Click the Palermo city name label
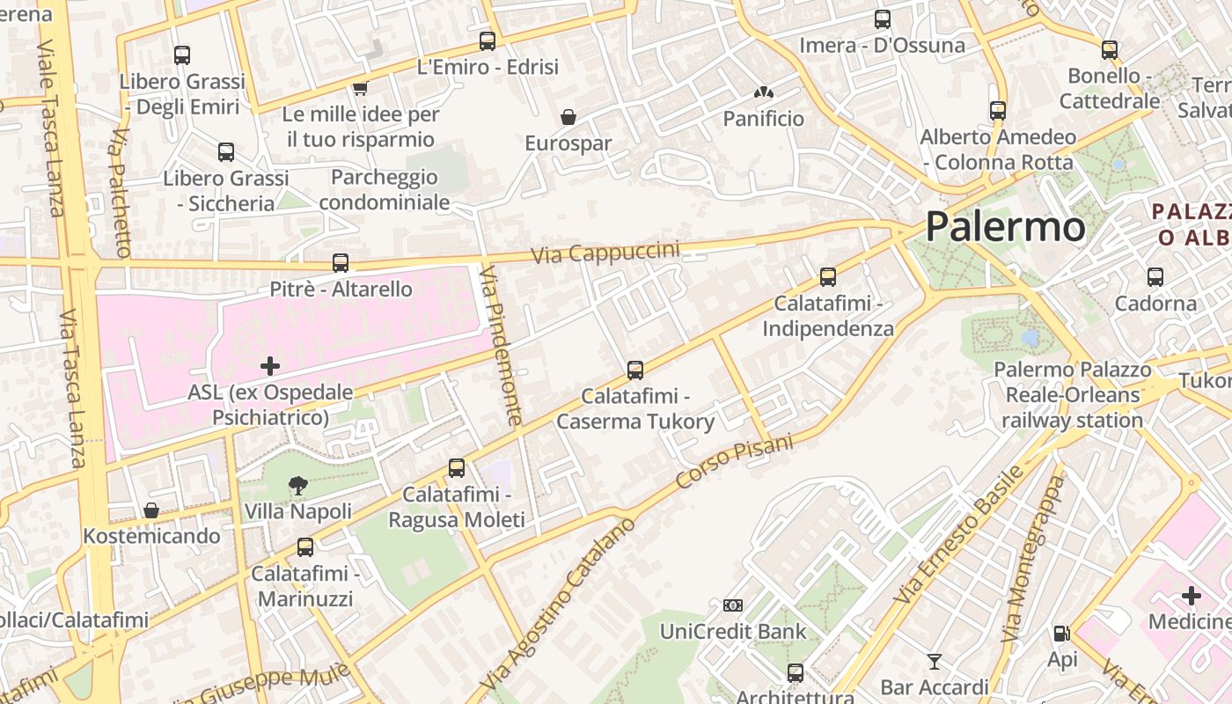coord(1005,226)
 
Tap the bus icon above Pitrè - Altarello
coord(341,262)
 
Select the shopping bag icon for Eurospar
coord(568,117)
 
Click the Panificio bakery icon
coord(763,92)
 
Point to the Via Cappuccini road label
coord(605,253)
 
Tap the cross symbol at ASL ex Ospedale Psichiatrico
coord(270,365)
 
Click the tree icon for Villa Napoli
coord(298,485)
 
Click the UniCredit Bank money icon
coord(732,605)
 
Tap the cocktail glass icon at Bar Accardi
coord(934,661)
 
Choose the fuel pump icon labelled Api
coord(1061,634)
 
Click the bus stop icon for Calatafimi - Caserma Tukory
coord(635,370)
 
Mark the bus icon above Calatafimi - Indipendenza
coord(828,277)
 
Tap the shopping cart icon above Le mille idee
coord(360,88)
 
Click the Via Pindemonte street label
coord(501,345)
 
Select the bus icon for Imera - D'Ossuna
coord(882,18)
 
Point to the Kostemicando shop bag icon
coord(151,510)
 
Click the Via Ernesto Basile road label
coord(959,534)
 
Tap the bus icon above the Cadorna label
coord(1155,277)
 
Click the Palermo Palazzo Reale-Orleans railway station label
coord(1072,395)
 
